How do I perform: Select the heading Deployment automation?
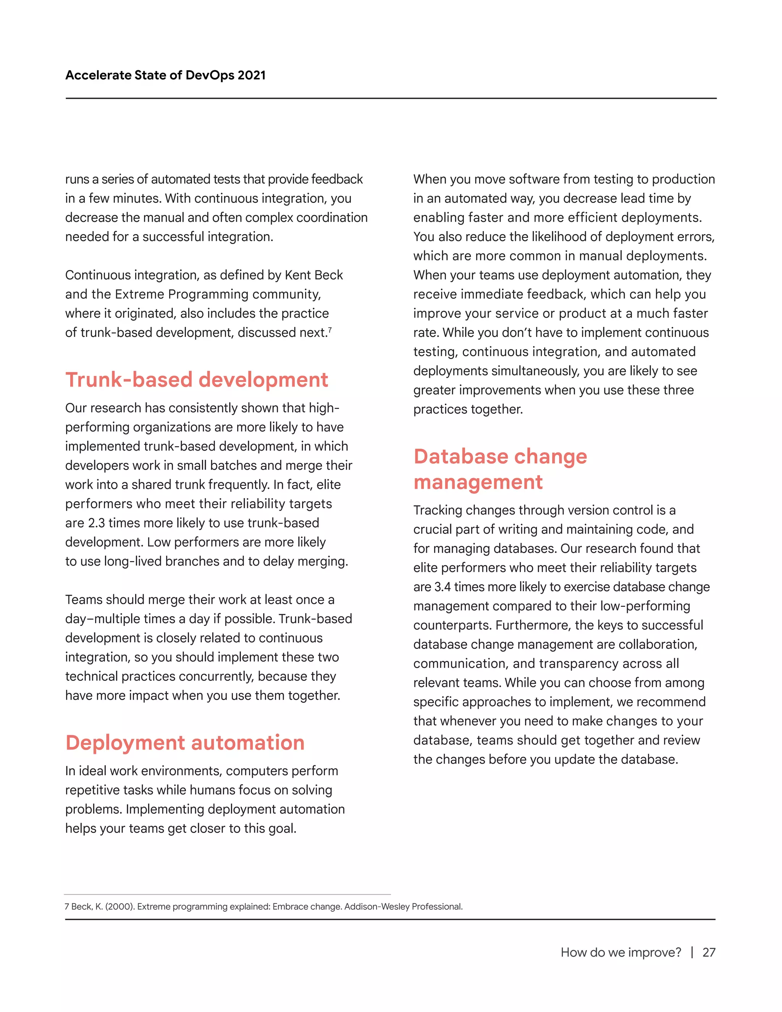[x=185, y=742]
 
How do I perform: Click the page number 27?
[x=709, y=952]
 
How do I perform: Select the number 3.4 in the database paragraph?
[x=443, y=587]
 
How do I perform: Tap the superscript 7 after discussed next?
[x=330, y=330]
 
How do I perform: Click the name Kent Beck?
[x=313, y=275]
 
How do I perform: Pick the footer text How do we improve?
[x=621, y=952]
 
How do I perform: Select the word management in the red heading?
[x=478, y=482]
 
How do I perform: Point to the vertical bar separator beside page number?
[x=692, y=952]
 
